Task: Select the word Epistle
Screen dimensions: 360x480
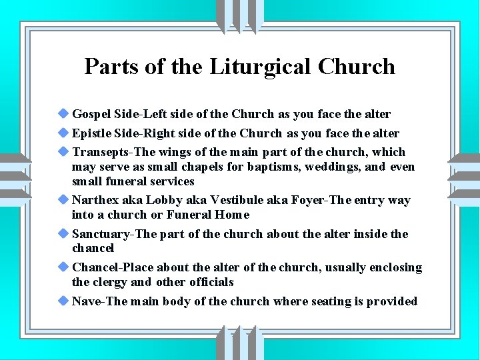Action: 93,133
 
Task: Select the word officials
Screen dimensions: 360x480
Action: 211,282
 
